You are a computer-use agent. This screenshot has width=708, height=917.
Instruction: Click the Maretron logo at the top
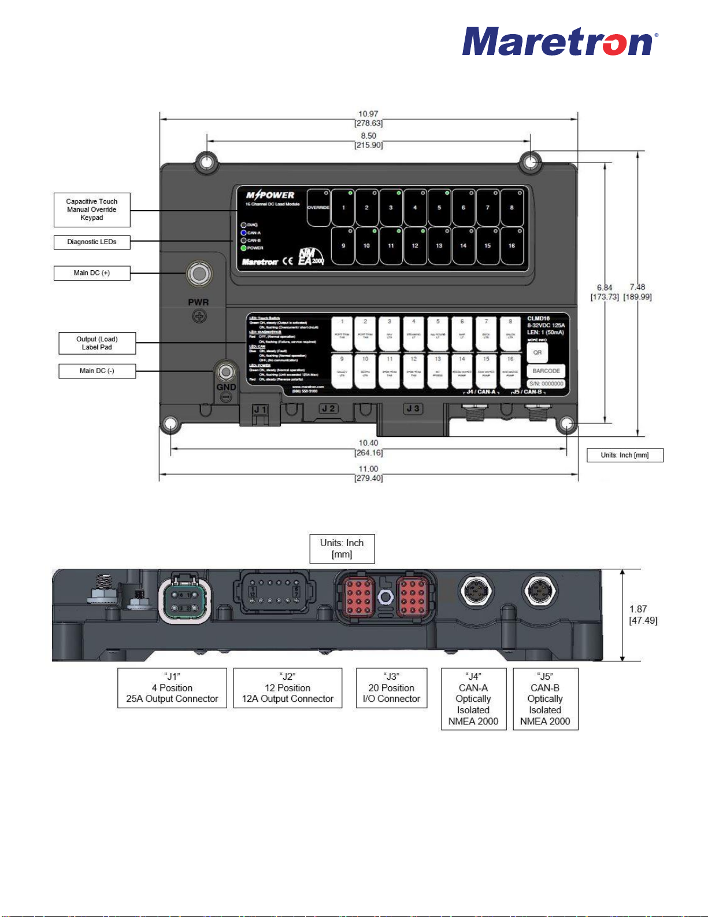[559, 42]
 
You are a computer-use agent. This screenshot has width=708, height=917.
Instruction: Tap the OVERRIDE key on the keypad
[318, 207]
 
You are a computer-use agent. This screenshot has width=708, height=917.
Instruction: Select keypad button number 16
[511, 245]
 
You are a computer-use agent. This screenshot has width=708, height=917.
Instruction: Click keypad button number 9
[343, 245]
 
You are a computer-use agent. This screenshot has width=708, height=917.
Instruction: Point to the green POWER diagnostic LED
[244, 248]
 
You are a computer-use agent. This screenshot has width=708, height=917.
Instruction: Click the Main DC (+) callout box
[92, 273]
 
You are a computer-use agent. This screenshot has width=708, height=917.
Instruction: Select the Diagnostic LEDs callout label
[92, 242]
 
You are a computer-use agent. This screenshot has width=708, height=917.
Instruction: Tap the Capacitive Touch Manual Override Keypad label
[92, 209]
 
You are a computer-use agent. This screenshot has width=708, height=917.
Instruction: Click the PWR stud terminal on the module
[198, 274]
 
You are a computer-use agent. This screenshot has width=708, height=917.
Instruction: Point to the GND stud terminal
[226, 371]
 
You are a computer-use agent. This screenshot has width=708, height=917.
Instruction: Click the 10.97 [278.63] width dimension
[368, 119]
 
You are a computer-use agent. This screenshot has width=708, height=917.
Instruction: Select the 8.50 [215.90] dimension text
[368, 141]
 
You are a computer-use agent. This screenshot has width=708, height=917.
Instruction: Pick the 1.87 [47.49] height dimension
[643, 614]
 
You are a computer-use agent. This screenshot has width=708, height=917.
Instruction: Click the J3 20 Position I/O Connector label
[391, 688]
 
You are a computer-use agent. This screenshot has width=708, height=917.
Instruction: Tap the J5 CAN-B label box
[545, 699]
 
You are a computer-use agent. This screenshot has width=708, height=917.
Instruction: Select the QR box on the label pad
[538, 352]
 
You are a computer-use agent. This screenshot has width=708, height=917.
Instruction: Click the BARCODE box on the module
[546, 371]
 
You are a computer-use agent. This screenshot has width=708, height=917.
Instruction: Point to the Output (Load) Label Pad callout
[97, 343]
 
